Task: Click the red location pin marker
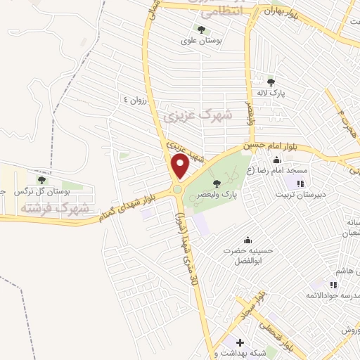(x=180, y=167)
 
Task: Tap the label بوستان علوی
(x=202, y=41)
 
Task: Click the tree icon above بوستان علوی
(x=202, y=30)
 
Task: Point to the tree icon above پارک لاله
(x=271, y=82)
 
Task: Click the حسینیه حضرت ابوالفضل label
(x=246, y=255)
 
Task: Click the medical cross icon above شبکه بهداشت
(x=240, y=342)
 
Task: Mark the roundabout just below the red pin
(x=178, y=188)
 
